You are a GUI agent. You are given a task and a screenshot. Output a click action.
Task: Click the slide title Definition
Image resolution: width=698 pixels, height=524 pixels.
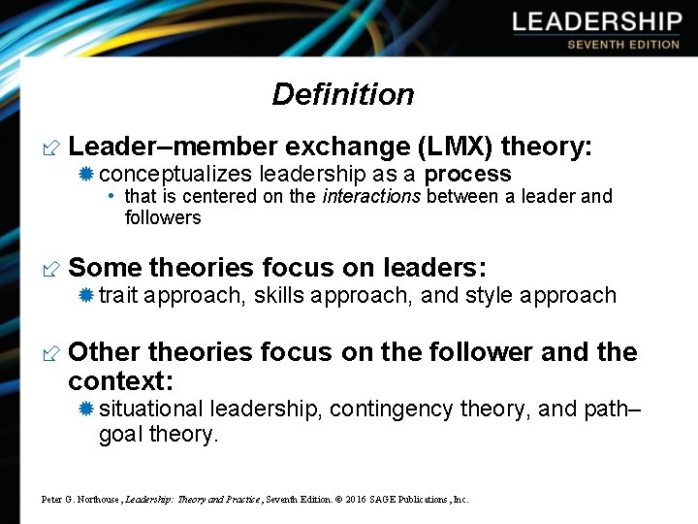pos(343,94)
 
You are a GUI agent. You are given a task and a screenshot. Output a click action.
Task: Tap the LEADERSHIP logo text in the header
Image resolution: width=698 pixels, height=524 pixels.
pos(597,22)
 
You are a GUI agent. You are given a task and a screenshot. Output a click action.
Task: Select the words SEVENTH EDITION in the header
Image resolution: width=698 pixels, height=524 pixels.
pos(623,45)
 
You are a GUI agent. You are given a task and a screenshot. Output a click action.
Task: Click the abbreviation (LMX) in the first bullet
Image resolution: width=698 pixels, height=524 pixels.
pos(456,147)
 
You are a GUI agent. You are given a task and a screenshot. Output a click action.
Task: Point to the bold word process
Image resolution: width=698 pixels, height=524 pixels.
pos(467,175)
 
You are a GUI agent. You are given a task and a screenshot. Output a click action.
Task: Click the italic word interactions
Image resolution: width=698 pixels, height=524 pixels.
pos(372,197)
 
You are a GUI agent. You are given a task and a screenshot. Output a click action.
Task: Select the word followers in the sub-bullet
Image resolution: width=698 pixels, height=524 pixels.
pos(163,217)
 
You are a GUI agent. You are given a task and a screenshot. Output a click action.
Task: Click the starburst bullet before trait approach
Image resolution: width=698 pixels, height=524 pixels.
pos(85,295)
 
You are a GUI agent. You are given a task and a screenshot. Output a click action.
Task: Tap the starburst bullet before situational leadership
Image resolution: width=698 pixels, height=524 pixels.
pos(85,409)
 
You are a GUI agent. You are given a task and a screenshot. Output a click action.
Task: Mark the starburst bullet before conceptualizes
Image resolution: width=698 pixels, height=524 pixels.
pos(85,175)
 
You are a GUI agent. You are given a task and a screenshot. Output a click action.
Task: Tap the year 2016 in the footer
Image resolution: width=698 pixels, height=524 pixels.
pos(347,500)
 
